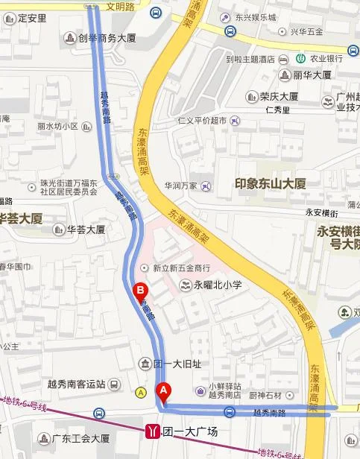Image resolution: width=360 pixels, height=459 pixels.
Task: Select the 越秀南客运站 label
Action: [x=72, y=386]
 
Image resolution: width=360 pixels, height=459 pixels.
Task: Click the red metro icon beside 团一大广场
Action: [x=153, y=431]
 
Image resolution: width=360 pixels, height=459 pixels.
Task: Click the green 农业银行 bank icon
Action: [x=300, y=57]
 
